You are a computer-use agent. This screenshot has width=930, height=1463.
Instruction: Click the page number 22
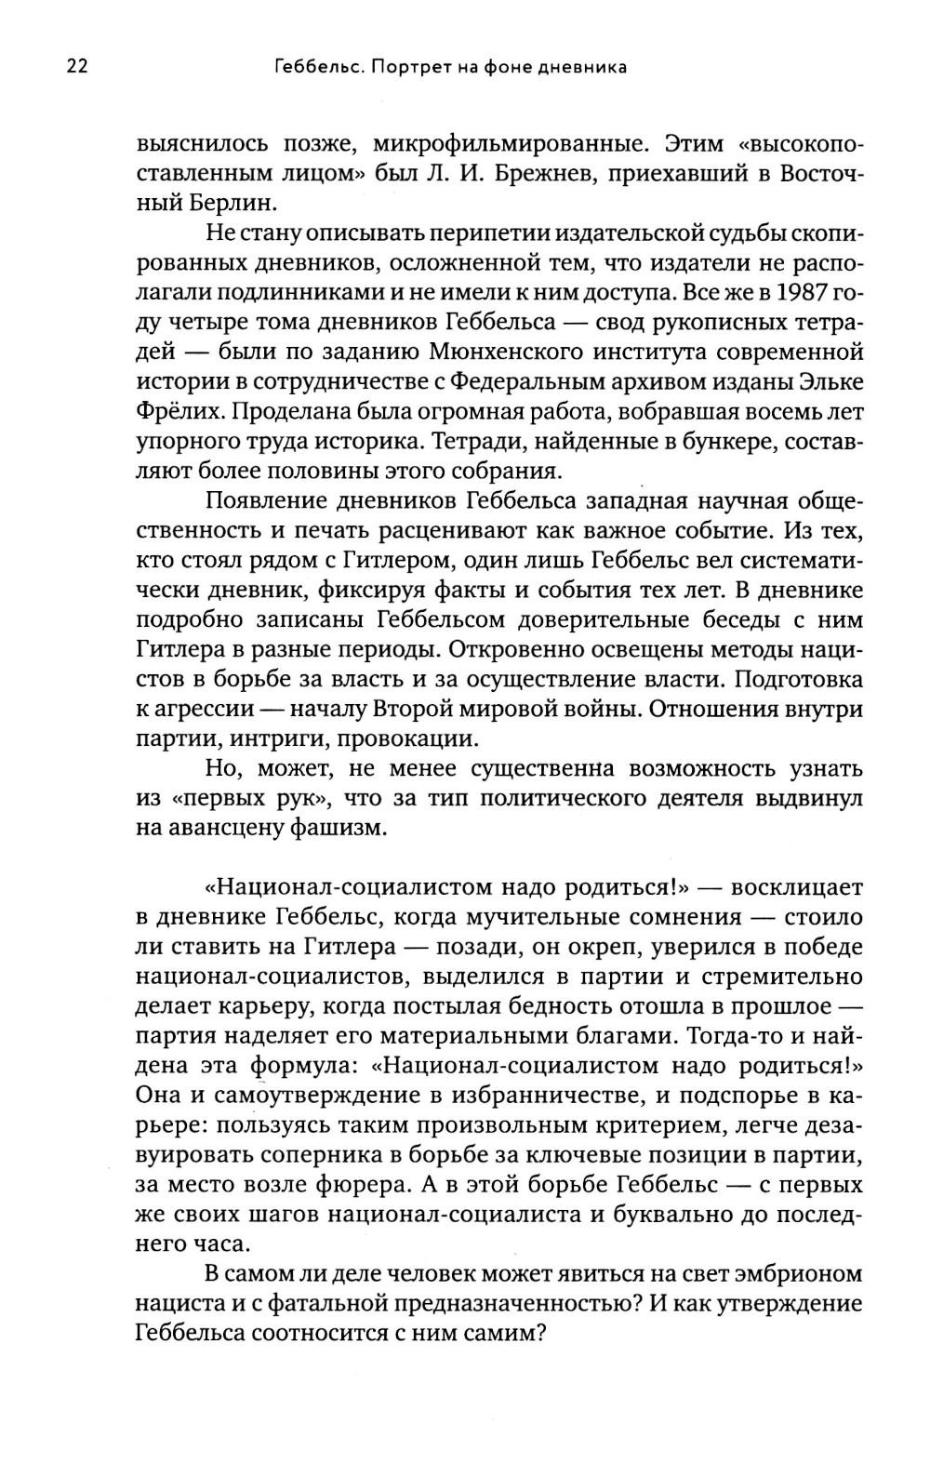[77, 66]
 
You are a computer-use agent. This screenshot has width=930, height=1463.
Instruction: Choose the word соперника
[337, 1155]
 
